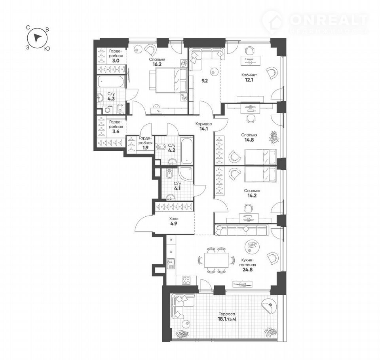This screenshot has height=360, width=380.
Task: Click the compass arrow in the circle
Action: coord(37,38)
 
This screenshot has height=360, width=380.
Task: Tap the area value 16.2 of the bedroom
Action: coord(157,64)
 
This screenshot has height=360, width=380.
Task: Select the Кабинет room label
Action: coord(249,75)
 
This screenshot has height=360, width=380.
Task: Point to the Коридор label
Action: coord(204,124)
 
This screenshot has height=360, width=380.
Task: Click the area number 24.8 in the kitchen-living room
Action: coord(247,269)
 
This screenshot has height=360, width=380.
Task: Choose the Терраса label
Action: coord(226,315)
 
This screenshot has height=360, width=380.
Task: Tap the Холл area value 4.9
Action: coord(173,224)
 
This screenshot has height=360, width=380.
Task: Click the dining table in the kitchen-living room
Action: coord(216,260)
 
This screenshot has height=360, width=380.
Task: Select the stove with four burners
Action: coord(186,280)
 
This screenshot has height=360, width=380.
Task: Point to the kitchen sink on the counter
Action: coord(171,263)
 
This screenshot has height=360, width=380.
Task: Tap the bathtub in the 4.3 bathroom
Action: coord(111,82)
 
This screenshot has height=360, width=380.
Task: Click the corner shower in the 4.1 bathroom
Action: coord(186,173)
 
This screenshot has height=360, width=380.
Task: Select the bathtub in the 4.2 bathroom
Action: coord(187,150)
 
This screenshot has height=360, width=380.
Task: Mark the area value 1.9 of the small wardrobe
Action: coord(145,148)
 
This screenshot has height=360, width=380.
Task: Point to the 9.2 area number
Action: coord(205,81)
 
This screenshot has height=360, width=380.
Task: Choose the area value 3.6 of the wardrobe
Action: coord(116,132)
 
